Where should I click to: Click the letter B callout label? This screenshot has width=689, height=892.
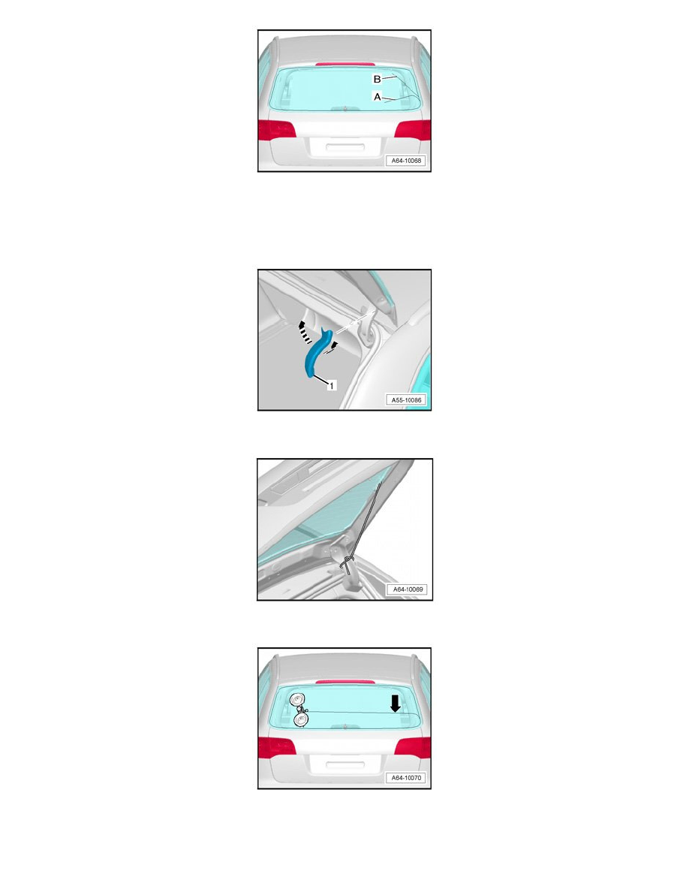click(x=377, y=79)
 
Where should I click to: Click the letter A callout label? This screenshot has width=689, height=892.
click(x=377, y=97)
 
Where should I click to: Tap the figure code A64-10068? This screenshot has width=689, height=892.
click(x=407, y=161)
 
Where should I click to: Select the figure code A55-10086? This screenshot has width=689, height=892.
click(x=407, y=400)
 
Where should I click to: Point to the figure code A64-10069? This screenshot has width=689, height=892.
click(x=408, y=589)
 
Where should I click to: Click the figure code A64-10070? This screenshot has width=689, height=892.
click(x=407, y=778)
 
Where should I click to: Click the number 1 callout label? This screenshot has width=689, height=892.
click(x=332, y=386)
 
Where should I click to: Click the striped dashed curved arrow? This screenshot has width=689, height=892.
click(x=305, y=332)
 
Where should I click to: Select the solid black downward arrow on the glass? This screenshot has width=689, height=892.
click(x=395, y=704)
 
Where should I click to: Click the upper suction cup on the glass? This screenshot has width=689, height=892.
click(x=296, y=701)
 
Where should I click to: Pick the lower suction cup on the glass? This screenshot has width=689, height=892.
click(x=301, y=720)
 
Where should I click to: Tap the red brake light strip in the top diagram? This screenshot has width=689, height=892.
click(x=345, y=65)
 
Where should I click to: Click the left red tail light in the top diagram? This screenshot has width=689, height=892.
click(x=277, y=130)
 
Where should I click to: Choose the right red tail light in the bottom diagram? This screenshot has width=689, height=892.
click(x=413, y=748)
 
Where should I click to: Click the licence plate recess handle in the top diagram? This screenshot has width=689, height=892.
click(x=344, y=146)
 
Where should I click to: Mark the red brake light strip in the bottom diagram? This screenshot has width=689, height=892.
click(x=345, y=682)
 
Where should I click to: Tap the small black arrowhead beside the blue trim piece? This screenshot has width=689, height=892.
click(x=335, y=345)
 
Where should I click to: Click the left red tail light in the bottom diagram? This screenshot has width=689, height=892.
click(x=277, y=748)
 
